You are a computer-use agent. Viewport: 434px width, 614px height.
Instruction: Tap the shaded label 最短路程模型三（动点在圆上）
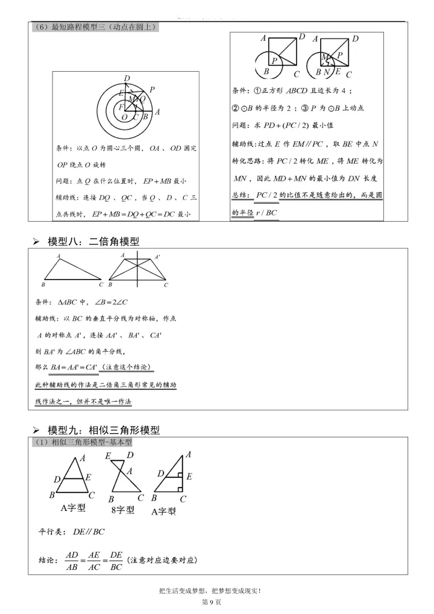(x=96, y=27)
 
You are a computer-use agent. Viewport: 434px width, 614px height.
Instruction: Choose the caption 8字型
(x=123, y=510)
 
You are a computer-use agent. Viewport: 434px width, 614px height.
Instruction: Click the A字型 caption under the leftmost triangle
(x=73, y=508)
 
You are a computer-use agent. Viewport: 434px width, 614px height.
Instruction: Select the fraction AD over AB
(x=72, y=560)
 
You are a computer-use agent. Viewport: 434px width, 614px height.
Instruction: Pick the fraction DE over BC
(x=116, y=560)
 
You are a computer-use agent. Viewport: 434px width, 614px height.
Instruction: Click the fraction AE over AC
(x=94, y=560)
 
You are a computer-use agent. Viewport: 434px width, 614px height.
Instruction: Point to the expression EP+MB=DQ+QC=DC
(x=137, y=214)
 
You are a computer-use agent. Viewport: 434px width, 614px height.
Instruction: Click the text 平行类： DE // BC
(x=72, y=531)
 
